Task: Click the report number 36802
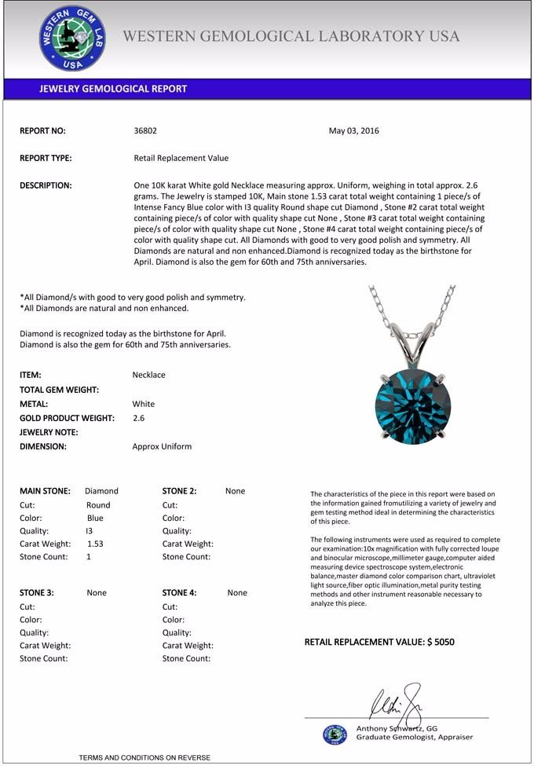(146, 130)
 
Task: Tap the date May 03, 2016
(353, 130)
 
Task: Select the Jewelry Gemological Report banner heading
(113, 89)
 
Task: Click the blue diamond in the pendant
(412, 401)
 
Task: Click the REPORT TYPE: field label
(46, 158)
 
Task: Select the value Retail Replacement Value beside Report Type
(181, 158)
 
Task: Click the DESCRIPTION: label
(46, 185)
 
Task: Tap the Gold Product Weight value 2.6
(139, 418)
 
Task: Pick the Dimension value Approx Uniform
(162, 446)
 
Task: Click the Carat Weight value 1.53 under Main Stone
(95, 543)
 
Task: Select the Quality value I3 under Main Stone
(89, 530)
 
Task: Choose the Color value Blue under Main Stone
(95, 518)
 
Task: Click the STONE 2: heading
(179, 491)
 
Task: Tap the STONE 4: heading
(179, 592)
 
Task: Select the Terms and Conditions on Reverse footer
(144, 757)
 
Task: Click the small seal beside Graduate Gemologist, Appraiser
(335, 734)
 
